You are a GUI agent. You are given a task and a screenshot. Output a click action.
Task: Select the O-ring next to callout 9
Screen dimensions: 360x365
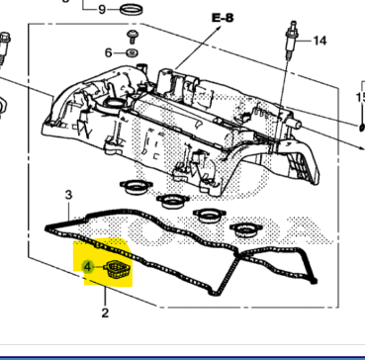pyautogui.click(x=129, y=11)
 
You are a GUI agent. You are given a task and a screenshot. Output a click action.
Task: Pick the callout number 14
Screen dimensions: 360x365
pyautogui.click(x=319, y=42)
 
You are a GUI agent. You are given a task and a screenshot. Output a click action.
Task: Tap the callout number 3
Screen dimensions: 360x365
pyautogui.click(x=68, y=195)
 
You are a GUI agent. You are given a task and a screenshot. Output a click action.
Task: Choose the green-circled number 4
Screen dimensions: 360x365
pyautogui.click(x=87, y=267)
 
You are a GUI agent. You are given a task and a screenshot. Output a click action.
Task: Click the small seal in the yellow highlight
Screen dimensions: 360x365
pyautogui.click(x=117, y=272)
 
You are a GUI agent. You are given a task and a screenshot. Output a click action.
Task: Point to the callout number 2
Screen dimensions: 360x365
pyautogui.click(x=104, y=315)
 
